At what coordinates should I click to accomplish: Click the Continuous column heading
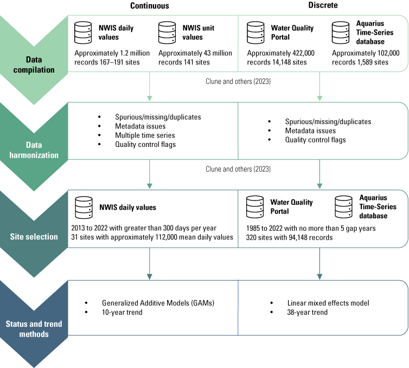pyautogui.click(x=149, y=5)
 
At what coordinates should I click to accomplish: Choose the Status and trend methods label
pyautogui.click(x=33, y=329)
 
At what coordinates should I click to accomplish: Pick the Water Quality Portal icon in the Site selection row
pyautogui.click(x=255, y=206)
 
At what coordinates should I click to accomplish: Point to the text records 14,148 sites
pyautogui.click(x=277, y=62)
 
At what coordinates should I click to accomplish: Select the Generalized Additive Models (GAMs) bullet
pyautogui.click(x=158, y=303)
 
